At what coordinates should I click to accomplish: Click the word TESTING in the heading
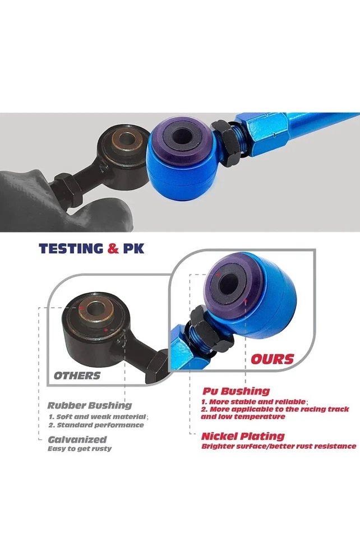pyautogui.click(x=71, y=248)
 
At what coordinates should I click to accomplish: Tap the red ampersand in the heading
pyautogui.click(x=114, y=248)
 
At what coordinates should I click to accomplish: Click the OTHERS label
pyautogui.click(x=77, y=375)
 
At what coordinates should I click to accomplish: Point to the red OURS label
pyautogui.click(x=272, y=358)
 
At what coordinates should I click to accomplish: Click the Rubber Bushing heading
pyautogui.click(x=90, y=405)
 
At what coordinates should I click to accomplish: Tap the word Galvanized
pyautogui.click(x=77, y=440)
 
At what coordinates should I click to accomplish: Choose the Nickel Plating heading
pyautogui.click(x=243, y=436)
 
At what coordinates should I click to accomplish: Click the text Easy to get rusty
pyautogui.click(x=79, y=449)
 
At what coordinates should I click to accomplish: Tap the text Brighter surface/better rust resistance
pyautogui.click(x=279, y=446)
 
